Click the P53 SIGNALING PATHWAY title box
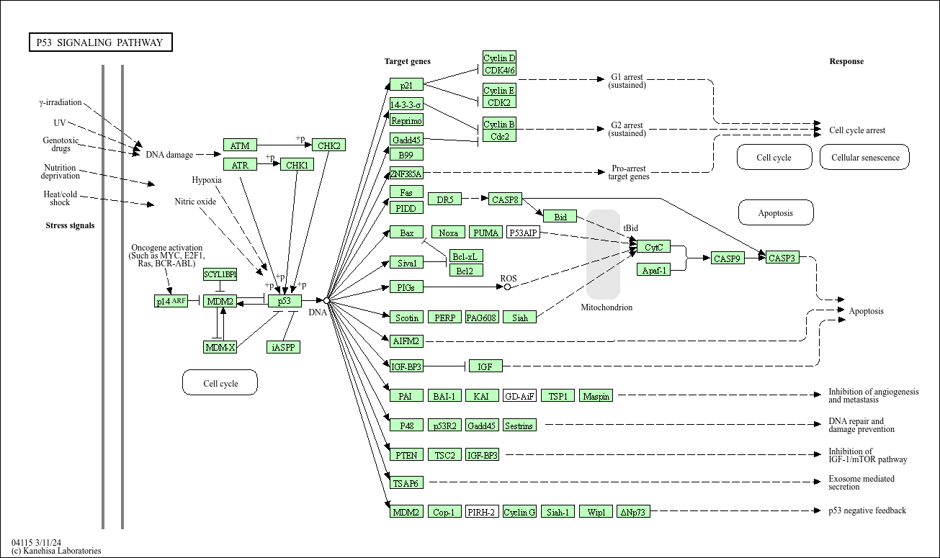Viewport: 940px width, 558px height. pyautogui.click(x=100, y=42)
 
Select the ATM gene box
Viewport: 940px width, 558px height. pyautogui.click(x=240, y=145)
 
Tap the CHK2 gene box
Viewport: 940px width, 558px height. pyautogui.click(x=329, y=145)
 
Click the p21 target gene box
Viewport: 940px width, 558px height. pyautogui.click(x=406, y=85)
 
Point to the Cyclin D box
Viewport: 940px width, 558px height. pyautogui.click(x=499, y=58)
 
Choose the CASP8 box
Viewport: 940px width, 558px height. pyautogui.click(x=506, y=199)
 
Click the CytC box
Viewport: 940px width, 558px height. pyautogui.click(x=653, y=247)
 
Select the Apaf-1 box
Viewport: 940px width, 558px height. pyautogui.click(x=653, y=270)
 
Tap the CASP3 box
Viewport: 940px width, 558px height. pyautogui.click(x=782, y=258)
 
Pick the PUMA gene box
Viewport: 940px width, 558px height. pyautogui.click(x=485, y=233)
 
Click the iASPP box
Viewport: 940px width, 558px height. pyautogui.click(x=283, y=347)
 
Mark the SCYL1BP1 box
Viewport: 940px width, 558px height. pyautogui.click(x=220, y=274)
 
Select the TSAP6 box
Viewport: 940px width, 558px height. pyautogui.click(x=406, y=483)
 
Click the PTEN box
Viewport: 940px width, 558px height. pyautogui.click(x=406, y=455)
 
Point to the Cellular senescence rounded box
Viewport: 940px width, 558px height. pyautogui.click(x=865, y=157)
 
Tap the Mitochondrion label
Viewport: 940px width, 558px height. pyautogui.click(x=606, y=307)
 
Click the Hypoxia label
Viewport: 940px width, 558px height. pyautogui.click(x=207, y=180)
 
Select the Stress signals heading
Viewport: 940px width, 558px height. pyautogui.click(x=70, y=225)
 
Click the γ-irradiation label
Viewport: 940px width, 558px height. pyautogui.click(x=61, y=102)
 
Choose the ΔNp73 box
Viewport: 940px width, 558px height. pyautogui.click(x=634, y=512)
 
